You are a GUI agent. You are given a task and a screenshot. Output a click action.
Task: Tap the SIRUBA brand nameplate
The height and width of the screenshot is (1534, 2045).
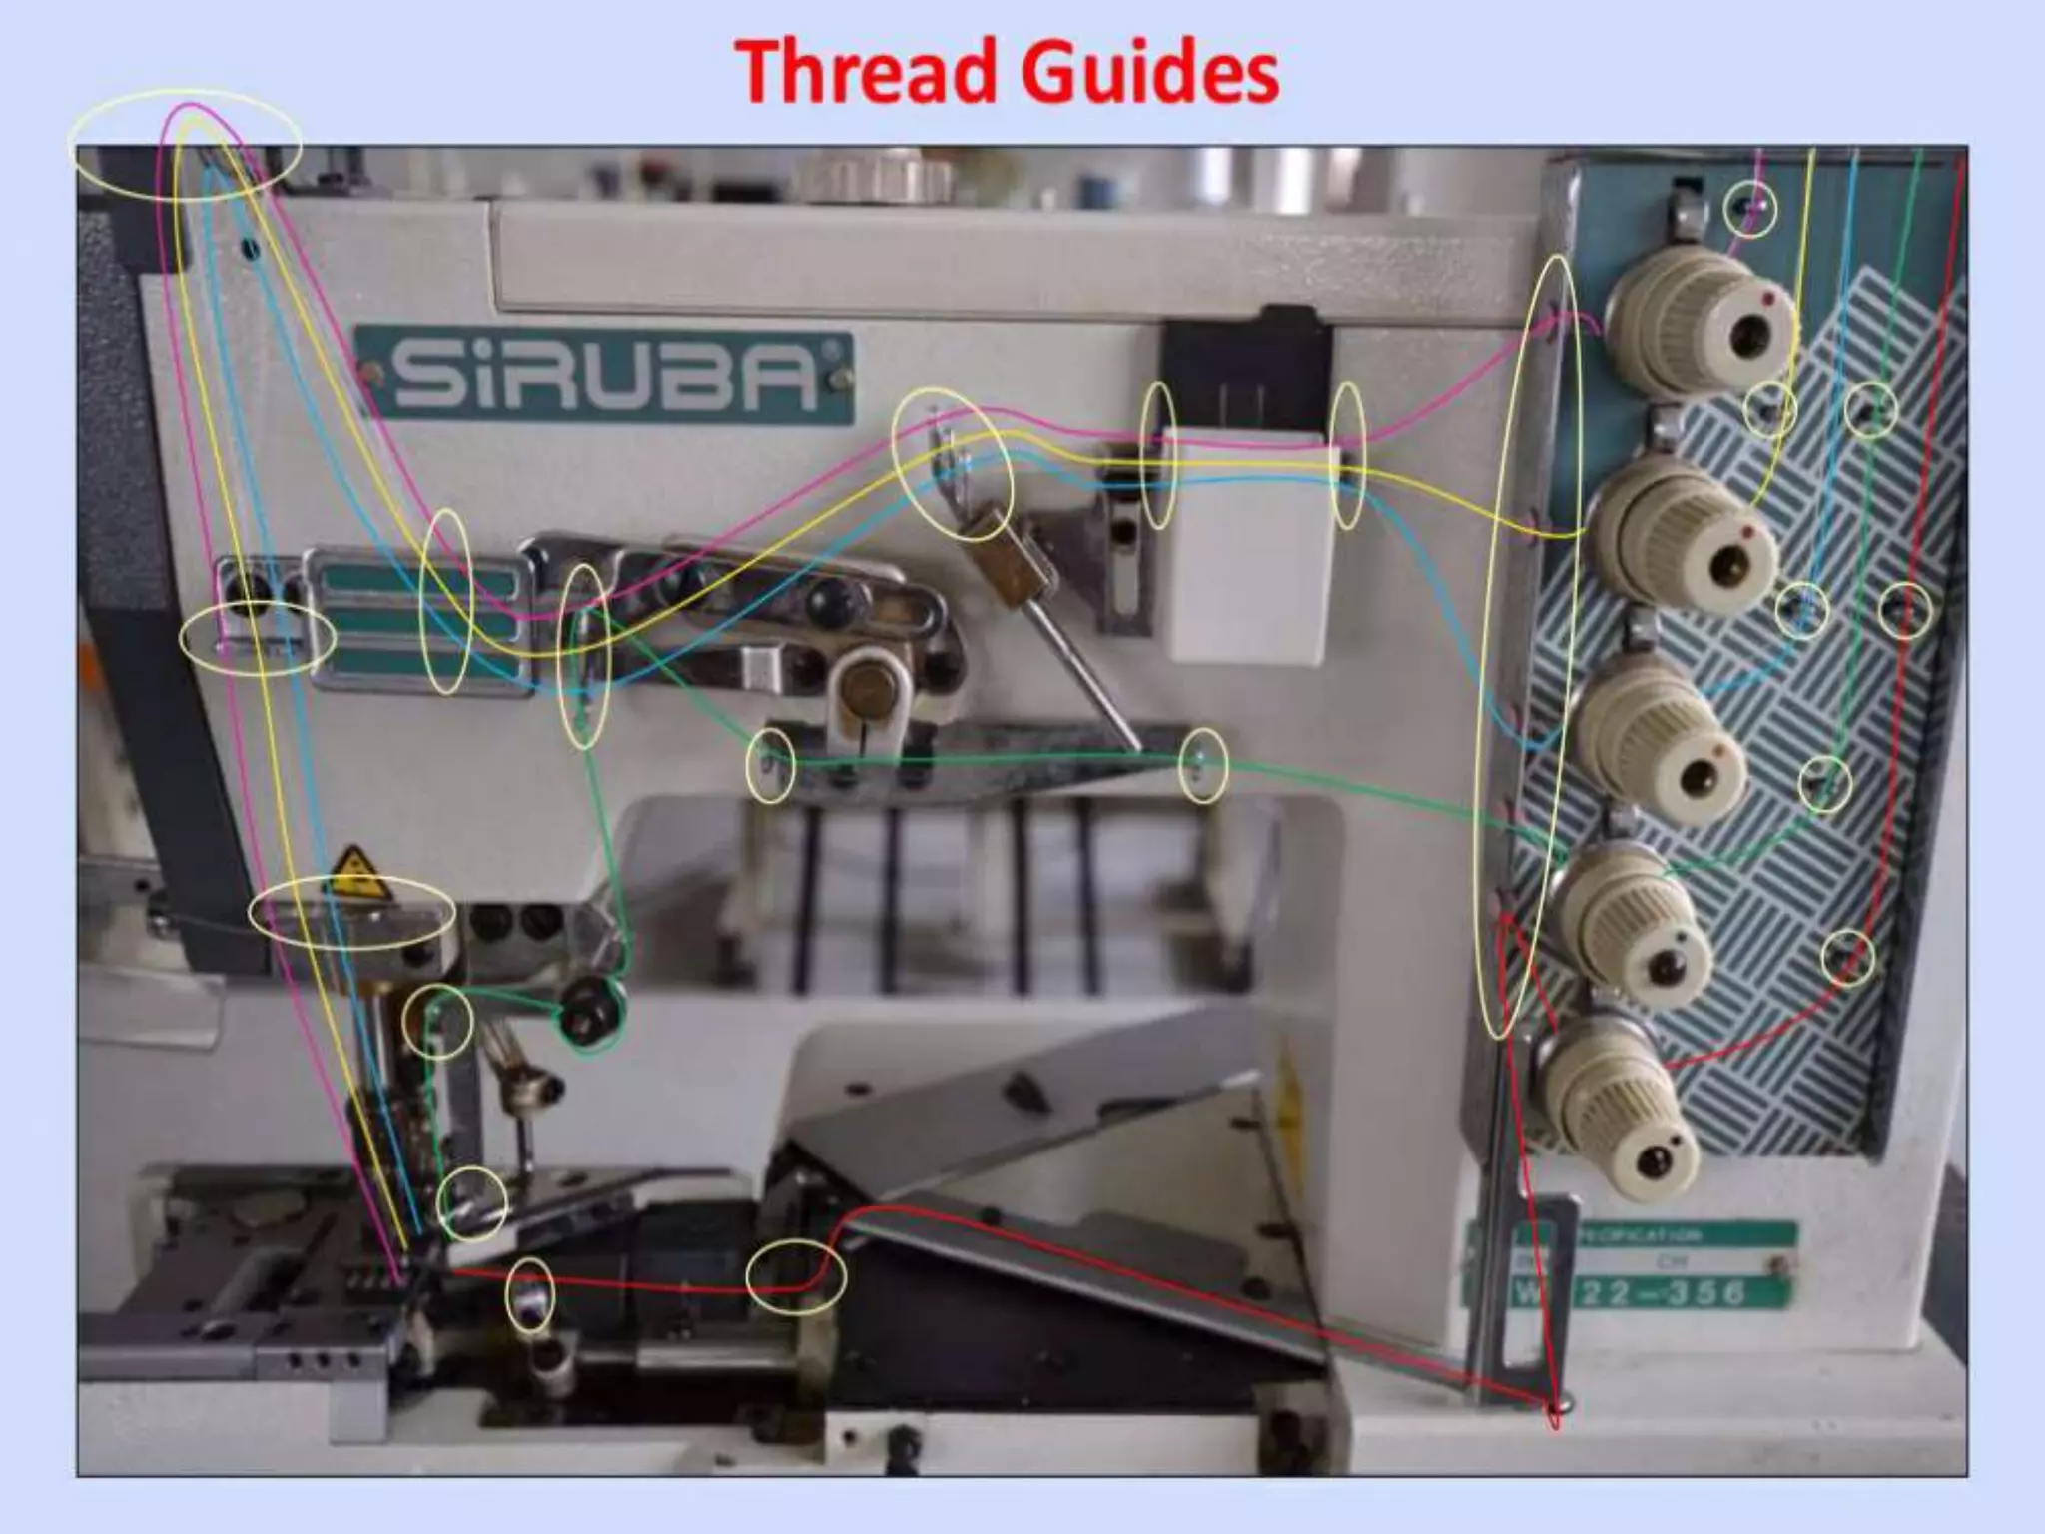coord(603,379)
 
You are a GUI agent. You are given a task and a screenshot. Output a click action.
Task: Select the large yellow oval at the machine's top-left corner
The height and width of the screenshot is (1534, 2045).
coord(187,145)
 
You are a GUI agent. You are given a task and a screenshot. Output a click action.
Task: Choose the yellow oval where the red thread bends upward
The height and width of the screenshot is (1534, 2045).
coord(796,1275)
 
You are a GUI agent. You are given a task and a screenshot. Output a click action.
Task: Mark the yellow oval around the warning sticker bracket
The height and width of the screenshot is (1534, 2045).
coord(351,913)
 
